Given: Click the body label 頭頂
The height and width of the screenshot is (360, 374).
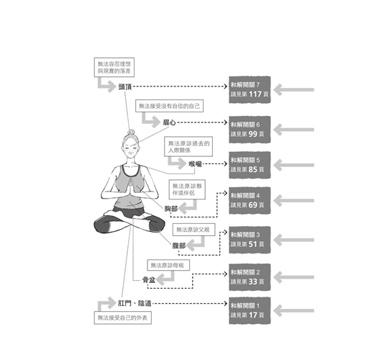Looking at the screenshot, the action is tap(125, 86).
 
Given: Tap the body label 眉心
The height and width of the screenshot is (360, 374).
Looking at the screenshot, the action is tap(169, 122).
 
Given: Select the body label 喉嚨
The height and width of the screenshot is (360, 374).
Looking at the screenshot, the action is tap(195, 164).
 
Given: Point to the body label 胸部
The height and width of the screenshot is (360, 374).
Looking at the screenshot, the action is tap(171, 209).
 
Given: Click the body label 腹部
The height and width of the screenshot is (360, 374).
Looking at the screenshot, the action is tap(179, 246).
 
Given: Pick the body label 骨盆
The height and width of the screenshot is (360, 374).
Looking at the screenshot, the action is tap(149, 280).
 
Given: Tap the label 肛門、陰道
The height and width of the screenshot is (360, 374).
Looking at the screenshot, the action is tap(134, 303).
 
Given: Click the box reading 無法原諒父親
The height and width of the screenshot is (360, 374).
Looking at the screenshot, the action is tap(193, 230).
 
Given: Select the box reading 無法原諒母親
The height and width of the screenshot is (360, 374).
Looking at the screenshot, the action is tap(168, 265).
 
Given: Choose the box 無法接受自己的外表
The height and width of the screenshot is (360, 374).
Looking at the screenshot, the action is tap(123, 318).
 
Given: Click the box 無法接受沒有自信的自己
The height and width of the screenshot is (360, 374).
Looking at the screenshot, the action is tap(169, 106).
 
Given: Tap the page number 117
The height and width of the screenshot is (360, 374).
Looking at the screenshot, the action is tap(255, 94).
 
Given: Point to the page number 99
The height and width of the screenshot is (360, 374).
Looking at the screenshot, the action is tap(253, 134).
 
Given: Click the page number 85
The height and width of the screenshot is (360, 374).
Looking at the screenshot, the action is tap(253, 169).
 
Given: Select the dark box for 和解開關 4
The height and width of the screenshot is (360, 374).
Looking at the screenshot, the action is tap(250, 200).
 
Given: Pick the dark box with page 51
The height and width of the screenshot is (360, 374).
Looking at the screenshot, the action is tap(250, 240).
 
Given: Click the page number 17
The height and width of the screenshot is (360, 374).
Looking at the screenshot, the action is tap(253, 315).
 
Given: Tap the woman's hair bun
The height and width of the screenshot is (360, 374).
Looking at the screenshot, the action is tap(131, 132).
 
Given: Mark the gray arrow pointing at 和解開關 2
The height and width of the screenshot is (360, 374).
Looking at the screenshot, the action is tap(293, 277).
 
